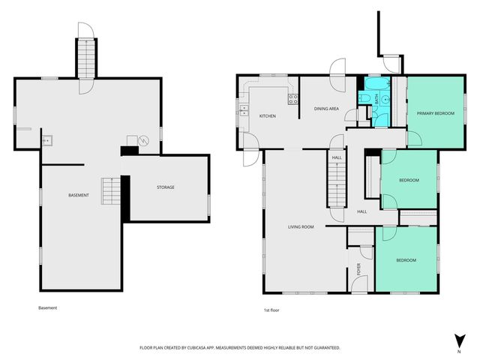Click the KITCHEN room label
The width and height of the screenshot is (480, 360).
point(268,116)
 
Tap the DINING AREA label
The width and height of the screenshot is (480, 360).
point(326,109)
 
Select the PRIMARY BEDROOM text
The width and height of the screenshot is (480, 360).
point(435,112)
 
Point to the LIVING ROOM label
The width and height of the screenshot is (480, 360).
point(301,226)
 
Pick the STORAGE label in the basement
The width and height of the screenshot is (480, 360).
point(165,187)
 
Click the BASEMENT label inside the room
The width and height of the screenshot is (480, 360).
point(79,196)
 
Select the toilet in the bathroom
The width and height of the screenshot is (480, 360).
point(362,97)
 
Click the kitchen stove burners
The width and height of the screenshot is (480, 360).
point(294,97)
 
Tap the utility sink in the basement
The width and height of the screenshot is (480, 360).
point(46,139)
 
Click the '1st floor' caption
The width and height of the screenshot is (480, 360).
point(271,310)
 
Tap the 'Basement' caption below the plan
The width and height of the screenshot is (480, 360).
point(47,307)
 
